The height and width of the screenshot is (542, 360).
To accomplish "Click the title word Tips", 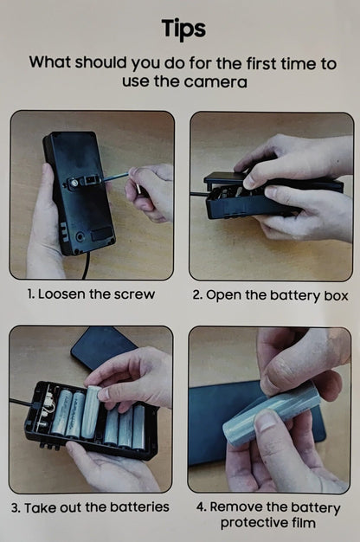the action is coord(183,29).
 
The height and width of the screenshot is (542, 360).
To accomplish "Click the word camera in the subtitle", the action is coord(215,82).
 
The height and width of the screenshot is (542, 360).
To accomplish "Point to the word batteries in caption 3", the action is coord(139,507).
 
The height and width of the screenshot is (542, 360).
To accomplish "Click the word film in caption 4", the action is coord(303,522).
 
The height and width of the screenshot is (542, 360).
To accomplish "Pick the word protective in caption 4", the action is coord(253,523).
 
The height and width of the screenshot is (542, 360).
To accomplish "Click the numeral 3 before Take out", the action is coord(16,508).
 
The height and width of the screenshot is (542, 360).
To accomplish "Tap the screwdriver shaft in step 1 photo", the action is coord(116,177).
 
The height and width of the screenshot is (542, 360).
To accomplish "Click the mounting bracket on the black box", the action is coord(84,182).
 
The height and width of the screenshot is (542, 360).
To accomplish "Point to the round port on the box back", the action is coord(80,237).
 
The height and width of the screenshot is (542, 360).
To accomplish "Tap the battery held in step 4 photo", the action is coord(271,412).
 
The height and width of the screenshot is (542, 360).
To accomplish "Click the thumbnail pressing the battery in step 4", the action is coord(266,422).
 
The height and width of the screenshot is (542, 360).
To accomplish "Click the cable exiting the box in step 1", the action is coord(87,266).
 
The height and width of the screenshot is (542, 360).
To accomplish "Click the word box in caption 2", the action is coord(336,296).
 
